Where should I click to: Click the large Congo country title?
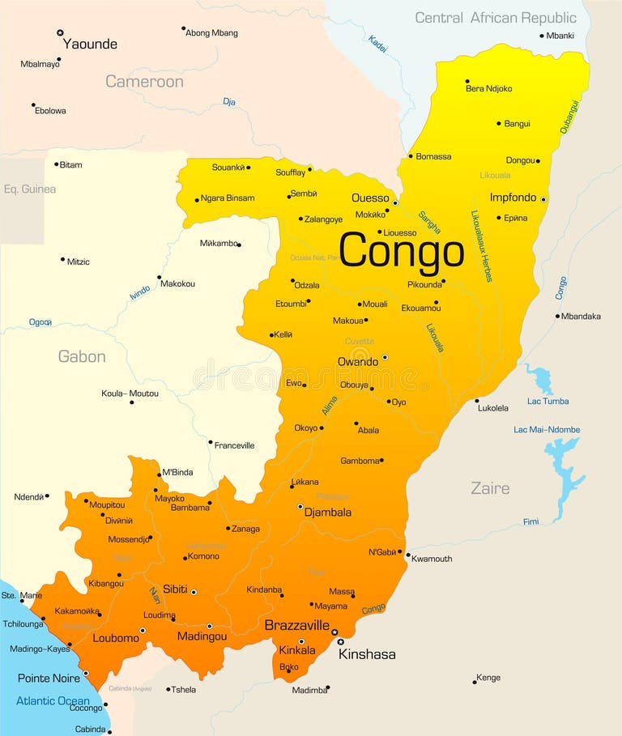(x=401, y=251)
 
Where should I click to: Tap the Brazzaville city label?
(x=296, y=625)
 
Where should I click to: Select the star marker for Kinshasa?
(x=340, y=642)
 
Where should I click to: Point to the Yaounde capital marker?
(x=60, y=32)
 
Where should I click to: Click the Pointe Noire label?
(x=49, y=678)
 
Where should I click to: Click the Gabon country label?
(x=82, y=356)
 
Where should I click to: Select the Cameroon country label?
(x=144, y=81)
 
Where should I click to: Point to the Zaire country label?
(x=490, y=488)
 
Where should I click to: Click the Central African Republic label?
(x=496, y=18)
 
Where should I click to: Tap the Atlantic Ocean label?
(x=53, y=700)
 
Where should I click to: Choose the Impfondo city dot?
(x=543, y=199)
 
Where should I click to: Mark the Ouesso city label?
(x=370, y=198)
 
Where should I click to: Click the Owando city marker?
(x=385, y=357)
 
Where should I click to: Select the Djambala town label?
(x=328, y=512)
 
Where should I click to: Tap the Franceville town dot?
(x=210, y=442)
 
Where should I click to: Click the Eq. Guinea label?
(x=30, y=189)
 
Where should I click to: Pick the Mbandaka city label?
(x=581, y=316)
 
